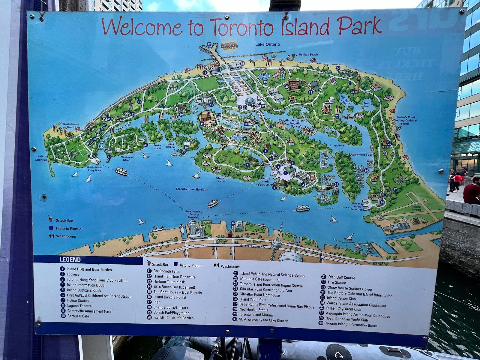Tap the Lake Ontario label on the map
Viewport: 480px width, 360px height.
pos(268,44)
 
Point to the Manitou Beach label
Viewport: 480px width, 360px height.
pos(308,55)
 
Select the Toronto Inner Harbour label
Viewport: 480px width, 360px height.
pos(191,189)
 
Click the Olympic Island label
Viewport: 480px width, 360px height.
pos(221,179)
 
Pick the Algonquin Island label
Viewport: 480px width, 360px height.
pos(127,158)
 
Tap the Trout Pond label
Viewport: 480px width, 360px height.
pos(367,105)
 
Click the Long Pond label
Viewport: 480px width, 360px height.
pos(337,146)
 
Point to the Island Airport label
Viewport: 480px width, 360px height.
pos(416,208)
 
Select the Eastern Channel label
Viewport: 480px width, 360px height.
pos(41,158)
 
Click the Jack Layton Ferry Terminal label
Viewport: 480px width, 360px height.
pos(192,214)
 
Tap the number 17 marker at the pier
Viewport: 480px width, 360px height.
pos(209,44)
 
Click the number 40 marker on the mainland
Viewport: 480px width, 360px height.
pos(233,223)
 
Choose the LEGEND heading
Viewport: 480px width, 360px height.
pos(70,260)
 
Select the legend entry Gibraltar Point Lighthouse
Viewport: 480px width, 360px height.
pos(259,295)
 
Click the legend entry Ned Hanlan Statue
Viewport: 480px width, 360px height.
pos(253,310)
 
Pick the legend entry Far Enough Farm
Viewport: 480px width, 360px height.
pos(166,271)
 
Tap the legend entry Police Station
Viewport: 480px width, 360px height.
pos(78,301)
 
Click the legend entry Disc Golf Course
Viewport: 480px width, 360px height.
pos(341,277)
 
